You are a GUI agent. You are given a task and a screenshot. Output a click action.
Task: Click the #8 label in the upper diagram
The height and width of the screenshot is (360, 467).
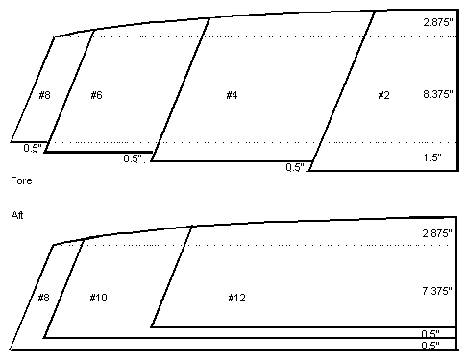[x=44, y=95]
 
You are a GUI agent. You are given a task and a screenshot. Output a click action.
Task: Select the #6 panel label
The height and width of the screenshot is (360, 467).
[x=96, y=95]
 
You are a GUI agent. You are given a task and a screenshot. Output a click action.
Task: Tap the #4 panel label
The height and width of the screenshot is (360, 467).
[x=232, y=95]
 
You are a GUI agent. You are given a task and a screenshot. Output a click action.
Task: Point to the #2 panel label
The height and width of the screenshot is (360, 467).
[x=383, y=95]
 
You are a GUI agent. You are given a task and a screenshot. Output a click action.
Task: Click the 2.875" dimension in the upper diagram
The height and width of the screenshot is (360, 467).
[x=438, y=22]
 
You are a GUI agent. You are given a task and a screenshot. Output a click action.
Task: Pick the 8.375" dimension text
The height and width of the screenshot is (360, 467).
[x=438, y=94]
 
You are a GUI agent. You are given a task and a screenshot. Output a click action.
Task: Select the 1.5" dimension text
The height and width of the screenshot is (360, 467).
[x=432, y=157]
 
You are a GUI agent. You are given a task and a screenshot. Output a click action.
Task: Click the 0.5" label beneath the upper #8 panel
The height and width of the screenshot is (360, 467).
[x=33, y=148]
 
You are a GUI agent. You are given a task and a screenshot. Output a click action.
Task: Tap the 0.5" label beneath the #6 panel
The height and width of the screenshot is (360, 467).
[x=133, y=158]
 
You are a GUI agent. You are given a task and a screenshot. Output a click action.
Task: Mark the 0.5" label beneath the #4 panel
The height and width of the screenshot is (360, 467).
[x=295, y=167]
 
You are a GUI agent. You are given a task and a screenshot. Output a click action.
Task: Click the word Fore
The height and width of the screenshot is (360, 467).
[x=21, y=180]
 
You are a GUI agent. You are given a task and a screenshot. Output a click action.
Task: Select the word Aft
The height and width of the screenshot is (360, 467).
[x=17, y=215]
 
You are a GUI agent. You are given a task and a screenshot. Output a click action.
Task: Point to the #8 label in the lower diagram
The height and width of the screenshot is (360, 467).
[x=44, y=298]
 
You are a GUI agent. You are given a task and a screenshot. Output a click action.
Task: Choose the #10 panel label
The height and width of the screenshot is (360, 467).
[x=98, y=298]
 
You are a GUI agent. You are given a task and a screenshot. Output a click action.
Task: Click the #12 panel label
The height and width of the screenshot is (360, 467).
[x=236, y=298]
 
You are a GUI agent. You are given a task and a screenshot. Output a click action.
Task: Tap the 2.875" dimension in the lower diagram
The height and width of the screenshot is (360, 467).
[x=437, y=233]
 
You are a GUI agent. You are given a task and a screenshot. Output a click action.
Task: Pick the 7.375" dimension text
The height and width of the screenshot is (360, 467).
[x=437, y=291]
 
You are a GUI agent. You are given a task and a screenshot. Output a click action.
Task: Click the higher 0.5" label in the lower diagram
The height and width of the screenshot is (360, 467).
[x=430, y=334]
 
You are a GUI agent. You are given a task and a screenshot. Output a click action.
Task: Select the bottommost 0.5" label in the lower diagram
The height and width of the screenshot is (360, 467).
[x=430, y=346]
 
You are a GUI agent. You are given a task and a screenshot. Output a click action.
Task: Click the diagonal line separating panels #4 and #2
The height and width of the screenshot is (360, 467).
[x=342, y=91]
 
